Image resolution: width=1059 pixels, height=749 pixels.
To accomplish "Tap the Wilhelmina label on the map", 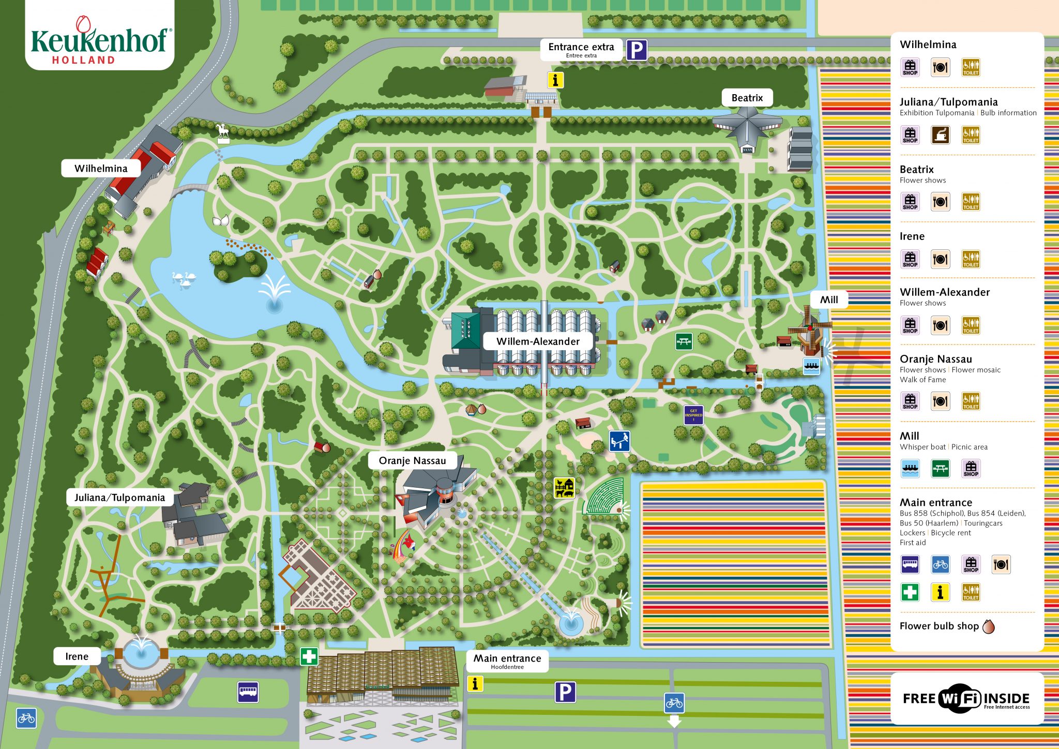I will [101, 169].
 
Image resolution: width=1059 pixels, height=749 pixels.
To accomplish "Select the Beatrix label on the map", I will [747, 98].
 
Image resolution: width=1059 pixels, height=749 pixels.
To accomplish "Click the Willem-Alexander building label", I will [538, 341].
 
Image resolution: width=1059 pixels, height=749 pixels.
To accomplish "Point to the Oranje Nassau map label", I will [412, 460].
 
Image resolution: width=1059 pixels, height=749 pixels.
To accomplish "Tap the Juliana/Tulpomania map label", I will [119, 498].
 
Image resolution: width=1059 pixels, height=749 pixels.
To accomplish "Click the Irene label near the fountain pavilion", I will [77, 656].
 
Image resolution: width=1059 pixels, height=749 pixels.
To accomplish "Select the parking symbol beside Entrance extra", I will [637, 50].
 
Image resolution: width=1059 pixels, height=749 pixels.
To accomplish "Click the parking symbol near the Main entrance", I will [565, 692].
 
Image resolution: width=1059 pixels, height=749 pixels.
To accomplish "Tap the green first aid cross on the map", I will [309, 656].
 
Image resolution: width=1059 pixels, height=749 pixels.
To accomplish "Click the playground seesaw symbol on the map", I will [619, 441].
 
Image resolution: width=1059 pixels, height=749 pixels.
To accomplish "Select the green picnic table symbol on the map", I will [684, 341].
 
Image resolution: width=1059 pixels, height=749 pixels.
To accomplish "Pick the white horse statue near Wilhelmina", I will [223, 132].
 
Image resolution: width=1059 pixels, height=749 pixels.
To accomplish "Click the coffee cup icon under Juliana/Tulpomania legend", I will [940, 135].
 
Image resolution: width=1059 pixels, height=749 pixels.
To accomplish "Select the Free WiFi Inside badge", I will [966, 699].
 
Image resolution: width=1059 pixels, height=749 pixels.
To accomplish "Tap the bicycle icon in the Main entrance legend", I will [940, 564].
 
